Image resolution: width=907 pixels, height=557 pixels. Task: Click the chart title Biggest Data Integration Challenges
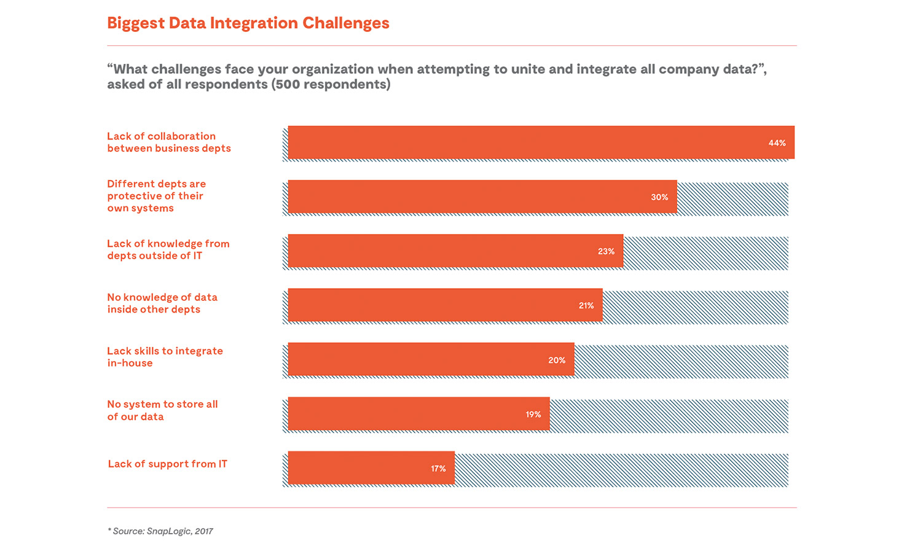248,23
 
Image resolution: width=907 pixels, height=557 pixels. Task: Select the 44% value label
777,143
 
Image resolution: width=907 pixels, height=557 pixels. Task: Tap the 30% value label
659,197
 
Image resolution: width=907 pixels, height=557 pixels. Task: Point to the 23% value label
606,251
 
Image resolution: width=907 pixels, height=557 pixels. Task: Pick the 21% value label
586,305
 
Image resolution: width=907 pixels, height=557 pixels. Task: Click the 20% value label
557,360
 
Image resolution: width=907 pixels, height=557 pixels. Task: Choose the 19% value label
533,415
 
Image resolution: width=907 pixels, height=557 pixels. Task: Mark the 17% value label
438,469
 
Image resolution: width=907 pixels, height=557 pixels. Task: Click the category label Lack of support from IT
167,464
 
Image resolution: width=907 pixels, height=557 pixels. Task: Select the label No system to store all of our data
162,410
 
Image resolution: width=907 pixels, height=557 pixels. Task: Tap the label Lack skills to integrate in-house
165,357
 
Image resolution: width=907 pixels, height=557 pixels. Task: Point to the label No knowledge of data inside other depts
162,303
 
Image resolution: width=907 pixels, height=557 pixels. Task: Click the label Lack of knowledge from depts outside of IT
168,250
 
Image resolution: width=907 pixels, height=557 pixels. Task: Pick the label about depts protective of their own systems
156,196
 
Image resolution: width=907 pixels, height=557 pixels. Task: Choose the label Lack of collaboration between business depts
168,142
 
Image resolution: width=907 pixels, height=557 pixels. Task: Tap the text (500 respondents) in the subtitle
331,85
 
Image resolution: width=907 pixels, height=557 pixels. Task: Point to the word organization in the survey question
332,69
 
